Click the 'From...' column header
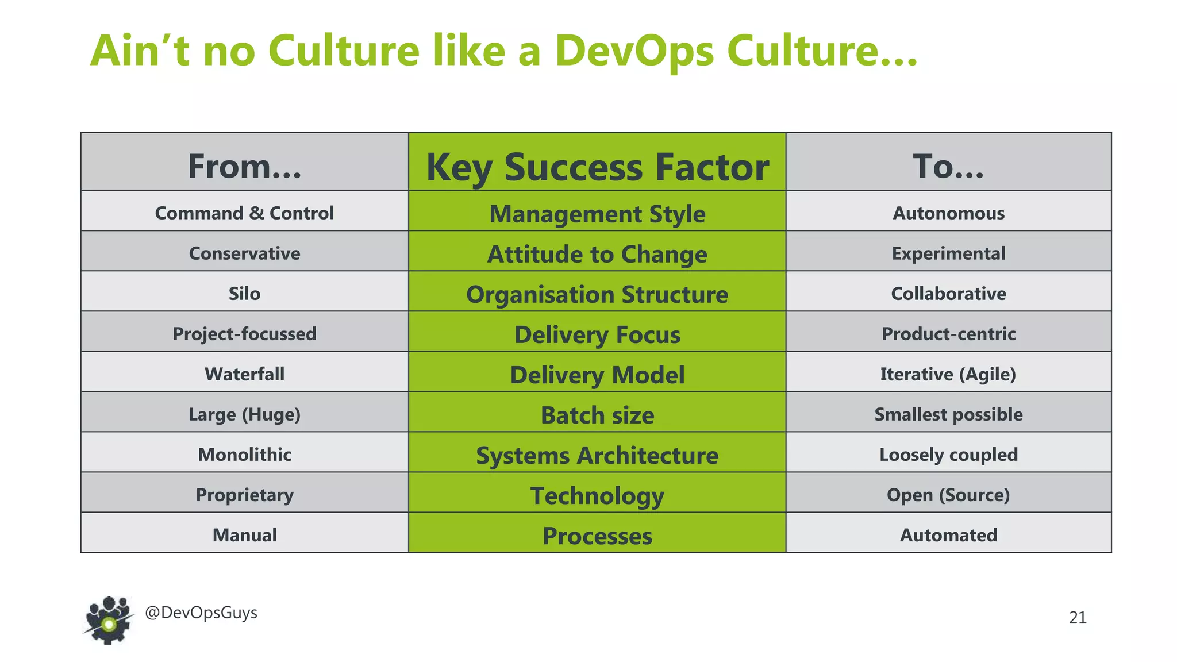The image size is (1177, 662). coord(244,166)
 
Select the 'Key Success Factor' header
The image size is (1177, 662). coord(597,167)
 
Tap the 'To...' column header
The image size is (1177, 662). coord(948,166)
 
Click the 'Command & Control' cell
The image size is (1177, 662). coord(244,213)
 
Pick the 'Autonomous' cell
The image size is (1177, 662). coord(948,213)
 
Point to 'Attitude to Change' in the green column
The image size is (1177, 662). coord(597,254)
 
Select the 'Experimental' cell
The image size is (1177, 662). coord(948,253)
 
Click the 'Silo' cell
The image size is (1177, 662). coord(244,294)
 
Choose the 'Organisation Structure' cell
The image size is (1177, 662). coord(597,294)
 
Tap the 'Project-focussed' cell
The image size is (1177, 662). coord(244,334)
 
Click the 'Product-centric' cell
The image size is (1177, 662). coord(948,334)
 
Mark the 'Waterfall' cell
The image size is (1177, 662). coord(244,374)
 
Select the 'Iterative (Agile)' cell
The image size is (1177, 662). coord(948,374)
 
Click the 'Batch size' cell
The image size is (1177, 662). coord(597,415)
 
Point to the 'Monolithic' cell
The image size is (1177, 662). coord(244,455)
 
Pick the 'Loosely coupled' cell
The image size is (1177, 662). coord(948,455)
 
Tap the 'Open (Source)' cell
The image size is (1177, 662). coord(948,495)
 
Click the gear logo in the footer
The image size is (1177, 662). coord(108,620)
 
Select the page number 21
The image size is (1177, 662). coord(1078,618)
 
